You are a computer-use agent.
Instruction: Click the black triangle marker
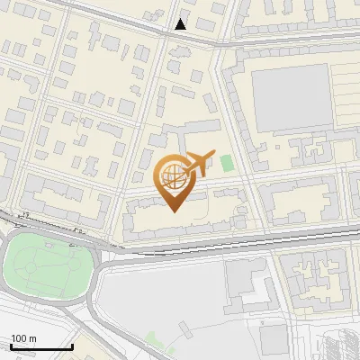tap(181, 24)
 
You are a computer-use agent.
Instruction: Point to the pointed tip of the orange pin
tap(175, 211)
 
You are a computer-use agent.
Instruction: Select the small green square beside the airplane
tap(226, 163)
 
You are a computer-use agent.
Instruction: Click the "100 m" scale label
tap(23, 338)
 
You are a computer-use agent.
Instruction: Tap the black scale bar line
tap(41, 346)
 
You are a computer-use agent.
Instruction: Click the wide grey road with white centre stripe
tap(225, 241)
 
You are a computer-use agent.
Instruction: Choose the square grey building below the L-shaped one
tap(269, 338)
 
